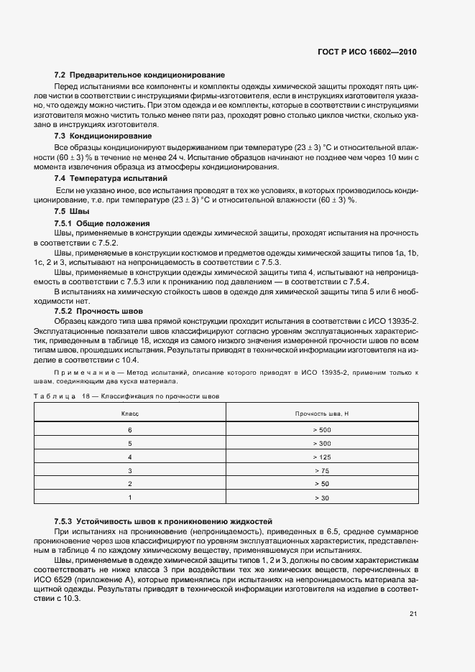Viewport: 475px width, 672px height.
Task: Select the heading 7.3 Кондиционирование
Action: click(103, 136)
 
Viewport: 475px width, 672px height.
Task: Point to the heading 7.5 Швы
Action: click(72, 212)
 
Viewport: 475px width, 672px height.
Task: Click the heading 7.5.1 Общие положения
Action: click(101, 223)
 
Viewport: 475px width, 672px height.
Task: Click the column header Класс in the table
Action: click(129, 414)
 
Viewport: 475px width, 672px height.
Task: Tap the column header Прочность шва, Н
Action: click(321, 414)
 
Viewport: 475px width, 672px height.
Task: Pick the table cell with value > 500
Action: click(321, 429)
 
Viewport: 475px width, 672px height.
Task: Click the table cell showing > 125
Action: click(321, 457)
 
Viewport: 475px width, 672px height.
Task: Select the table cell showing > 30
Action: click(321, 498)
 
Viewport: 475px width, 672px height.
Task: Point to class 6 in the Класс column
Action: click(130, 429)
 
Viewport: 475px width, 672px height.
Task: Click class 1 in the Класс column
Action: click(130, 498)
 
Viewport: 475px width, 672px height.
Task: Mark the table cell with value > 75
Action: click(321, 470)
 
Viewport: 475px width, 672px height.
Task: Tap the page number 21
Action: click(413, 613)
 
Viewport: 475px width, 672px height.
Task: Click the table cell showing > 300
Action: click(321, 443)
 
